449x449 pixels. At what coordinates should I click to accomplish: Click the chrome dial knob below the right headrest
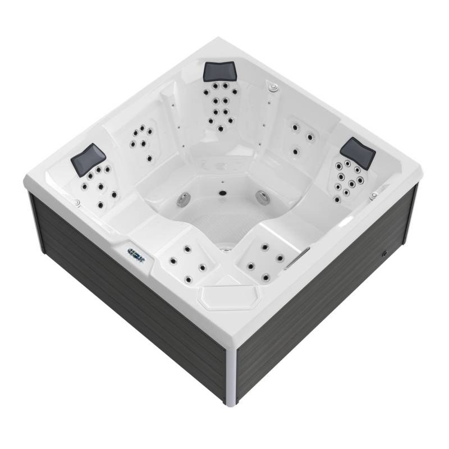click(373, 196)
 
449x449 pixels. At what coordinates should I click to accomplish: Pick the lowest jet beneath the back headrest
click(220, 129)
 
